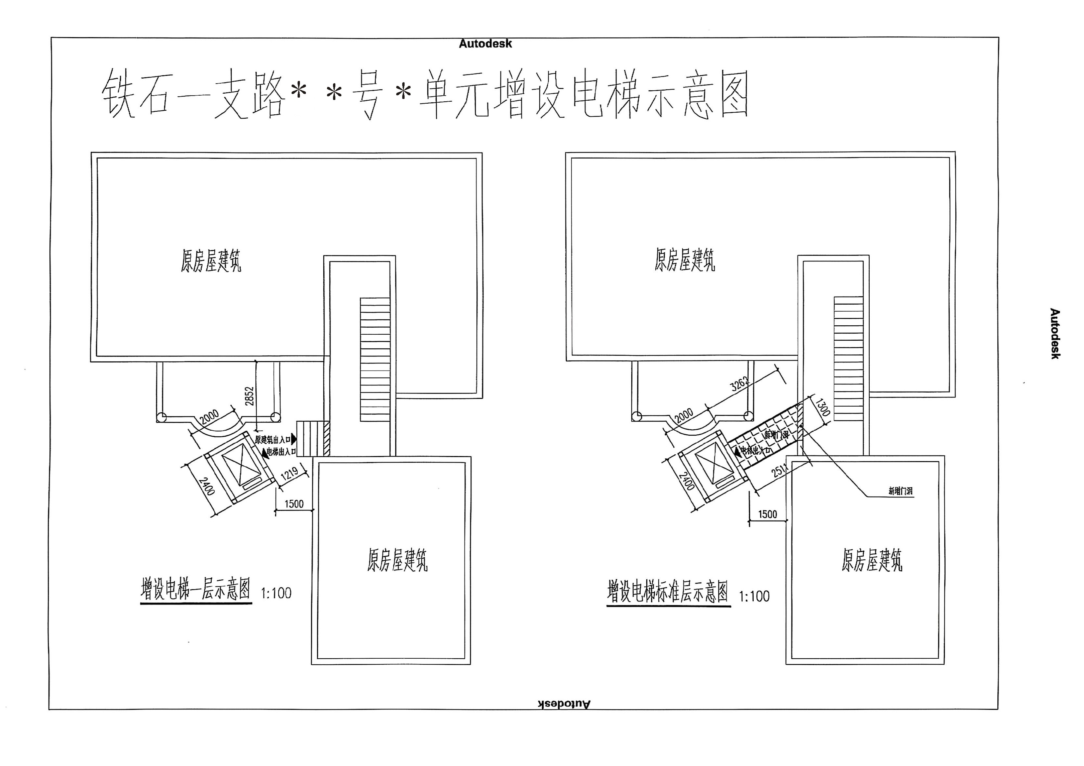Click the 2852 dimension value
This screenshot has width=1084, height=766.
[x=250, y=396]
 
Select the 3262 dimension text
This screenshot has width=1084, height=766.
[x=740, y=384]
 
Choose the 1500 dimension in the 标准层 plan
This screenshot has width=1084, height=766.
[x=767, y=514]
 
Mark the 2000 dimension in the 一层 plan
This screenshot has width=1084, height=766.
[x=209, y=417]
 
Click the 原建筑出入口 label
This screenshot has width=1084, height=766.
[x=273, y=440]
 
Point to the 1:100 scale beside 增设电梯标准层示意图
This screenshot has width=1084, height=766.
[x=754, y=596]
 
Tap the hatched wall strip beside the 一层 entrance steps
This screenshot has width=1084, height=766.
[x=326, y=439]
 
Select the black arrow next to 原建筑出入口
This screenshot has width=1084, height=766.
[x=294, y=439]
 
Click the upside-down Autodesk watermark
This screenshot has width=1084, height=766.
[x=564, y=704]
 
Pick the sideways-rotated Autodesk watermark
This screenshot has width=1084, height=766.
[x=1054, y=334]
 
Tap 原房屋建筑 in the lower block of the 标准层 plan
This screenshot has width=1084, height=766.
[x=872, y=560]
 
